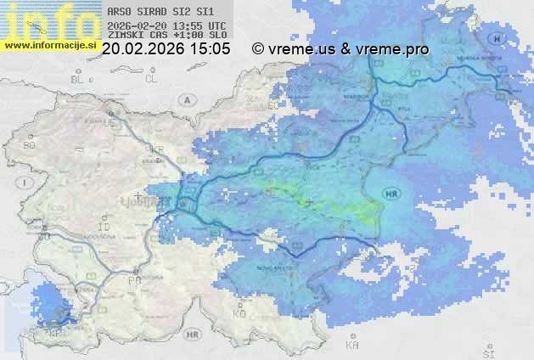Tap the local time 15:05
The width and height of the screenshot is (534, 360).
point(211,49)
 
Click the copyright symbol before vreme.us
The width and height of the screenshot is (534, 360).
point(258,49)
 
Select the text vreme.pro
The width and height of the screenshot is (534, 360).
point(396,49)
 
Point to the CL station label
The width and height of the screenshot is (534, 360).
point(152,79)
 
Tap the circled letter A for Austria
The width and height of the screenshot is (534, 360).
point(185,99)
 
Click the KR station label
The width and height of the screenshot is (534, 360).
point(157,149)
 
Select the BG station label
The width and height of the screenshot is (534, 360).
point(29,145)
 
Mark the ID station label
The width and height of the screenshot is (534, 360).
point(104,228)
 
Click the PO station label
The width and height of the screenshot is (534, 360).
point(132,279)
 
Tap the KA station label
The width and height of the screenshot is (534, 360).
point(351,345)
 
